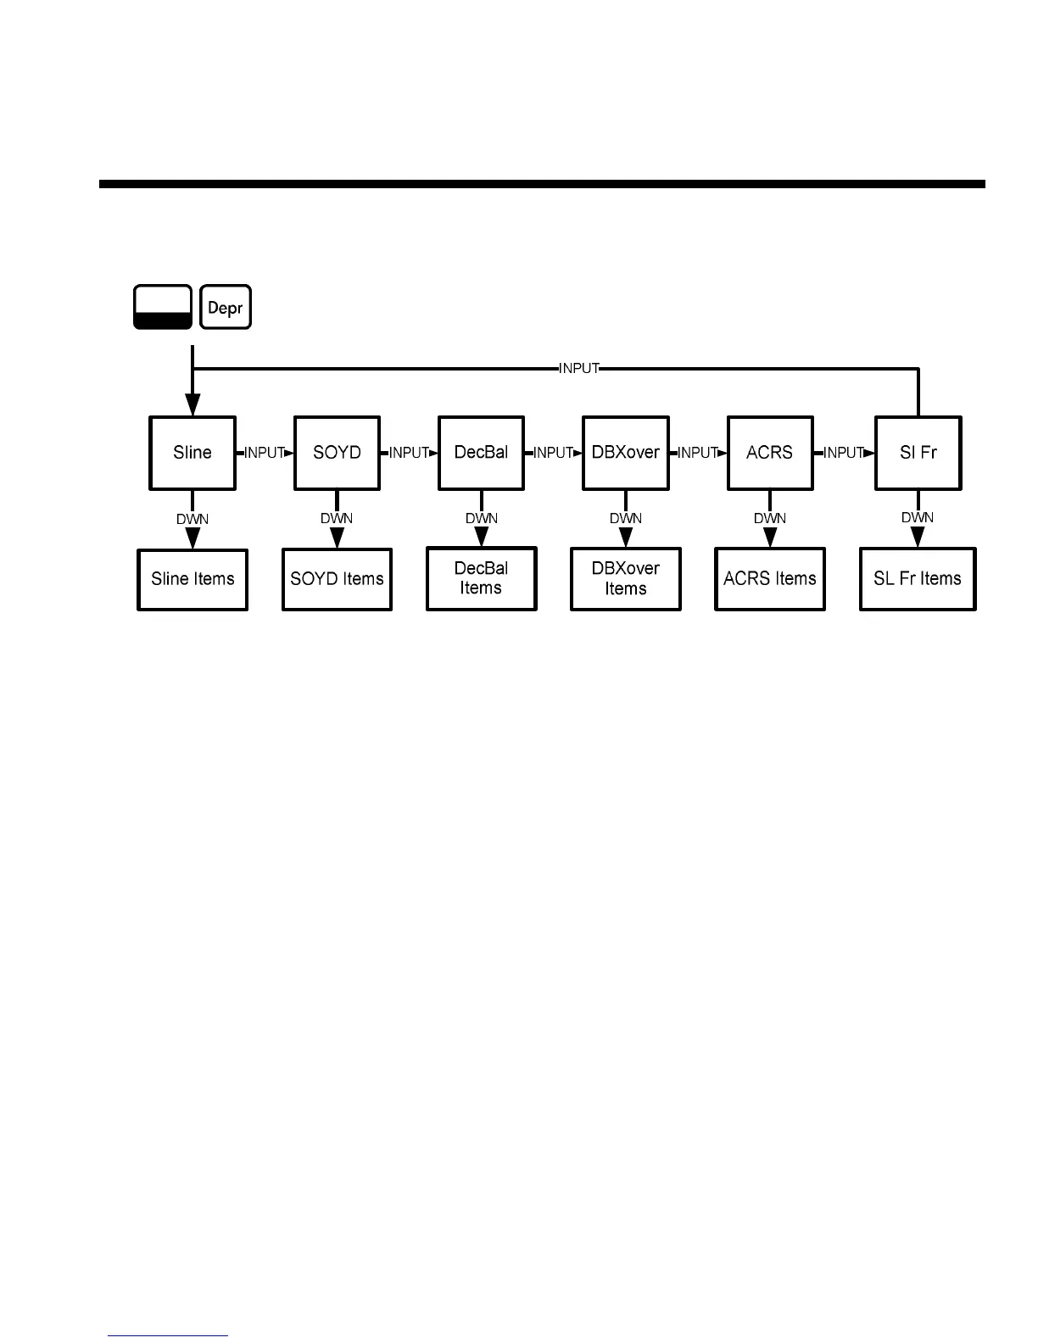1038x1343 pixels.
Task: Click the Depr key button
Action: click(226, 307)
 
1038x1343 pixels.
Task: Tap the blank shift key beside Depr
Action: click(163, 307)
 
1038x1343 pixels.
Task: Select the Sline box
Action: click(193, 453)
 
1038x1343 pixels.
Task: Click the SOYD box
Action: click(337, 453)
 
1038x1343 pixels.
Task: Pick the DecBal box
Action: click(481, 453)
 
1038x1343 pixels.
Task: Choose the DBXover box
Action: click(626, 453)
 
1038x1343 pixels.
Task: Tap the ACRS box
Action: click(770, 453)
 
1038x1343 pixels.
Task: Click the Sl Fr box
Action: click(918, 453)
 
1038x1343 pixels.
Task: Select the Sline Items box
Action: click(193, 579)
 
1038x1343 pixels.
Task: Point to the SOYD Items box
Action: click(337, 579)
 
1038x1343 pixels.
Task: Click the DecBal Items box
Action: click(481, 579)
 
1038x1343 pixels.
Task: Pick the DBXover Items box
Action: click(626, 579)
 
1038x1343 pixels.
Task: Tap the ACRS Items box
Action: click(770, 579)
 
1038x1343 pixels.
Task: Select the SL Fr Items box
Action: click(918, 579)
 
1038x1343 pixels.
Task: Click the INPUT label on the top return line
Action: click(579, 368)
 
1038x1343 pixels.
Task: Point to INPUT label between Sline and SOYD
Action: click(265, 453)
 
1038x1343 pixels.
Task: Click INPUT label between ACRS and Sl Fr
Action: click(844, 453)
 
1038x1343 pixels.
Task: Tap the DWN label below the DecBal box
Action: click(481, 518)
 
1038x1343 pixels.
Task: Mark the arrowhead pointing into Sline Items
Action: click(193, 538)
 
